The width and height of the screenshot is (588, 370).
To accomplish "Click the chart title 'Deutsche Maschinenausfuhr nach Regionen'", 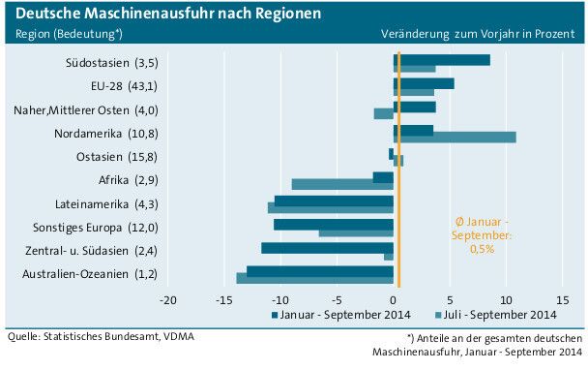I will [163, 14].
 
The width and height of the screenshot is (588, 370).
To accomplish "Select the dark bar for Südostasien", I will [442, 60].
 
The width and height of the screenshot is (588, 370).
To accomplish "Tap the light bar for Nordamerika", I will [455, 137].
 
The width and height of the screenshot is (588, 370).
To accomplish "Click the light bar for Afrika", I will [342, 184].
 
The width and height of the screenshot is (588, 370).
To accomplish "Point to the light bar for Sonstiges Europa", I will [356, 232].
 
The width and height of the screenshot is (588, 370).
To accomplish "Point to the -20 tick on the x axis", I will [167, 299].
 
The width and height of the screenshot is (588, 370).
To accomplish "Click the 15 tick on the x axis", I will [563, 299].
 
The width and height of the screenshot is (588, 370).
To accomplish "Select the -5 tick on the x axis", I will [338, 299].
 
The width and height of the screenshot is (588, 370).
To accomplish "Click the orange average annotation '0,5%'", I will [482, 249].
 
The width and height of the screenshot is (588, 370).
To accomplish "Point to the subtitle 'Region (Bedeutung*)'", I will [68, 34].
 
